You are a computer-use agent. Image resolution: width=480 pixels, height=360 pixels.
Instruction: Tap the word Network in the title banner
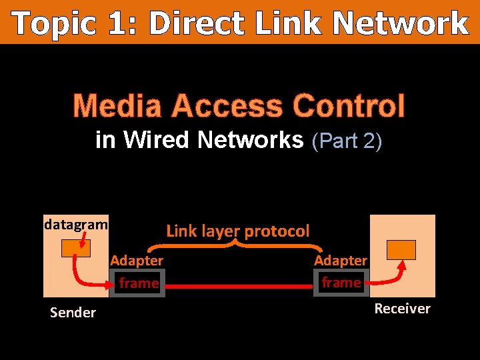point(400,24)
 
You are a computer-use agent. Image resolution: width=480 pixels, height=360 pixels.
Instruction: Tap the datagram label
point(75,224)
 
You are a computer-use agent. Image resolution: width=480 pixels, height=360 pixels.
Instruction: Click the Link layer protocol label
point(238,231)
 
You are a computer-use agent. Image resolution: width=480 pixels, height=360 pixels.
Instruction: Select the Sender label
point(73,312)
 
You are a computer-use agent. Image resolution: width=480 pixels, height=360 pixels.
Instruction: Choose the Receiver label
point(402,308)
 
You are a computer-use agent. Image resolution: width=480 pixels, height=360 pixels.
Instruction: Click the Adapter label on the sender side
point(137,260)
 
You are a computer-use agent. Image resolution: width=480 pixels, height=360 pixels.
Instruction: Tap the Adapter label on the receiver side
point(341,260)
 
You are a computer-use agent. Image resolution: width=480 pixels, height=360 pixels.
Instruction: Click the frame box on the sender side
point(139,283)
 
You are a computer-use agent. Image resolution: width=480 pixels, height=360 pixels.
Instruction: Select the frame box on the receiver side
point(341,283)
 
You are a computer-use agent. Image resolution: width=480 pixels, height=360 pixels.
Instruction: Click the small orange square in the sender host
point(75,248)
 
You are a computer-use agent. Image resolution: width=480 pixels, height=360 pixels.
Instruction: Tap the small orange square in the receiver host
point(401,249)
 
